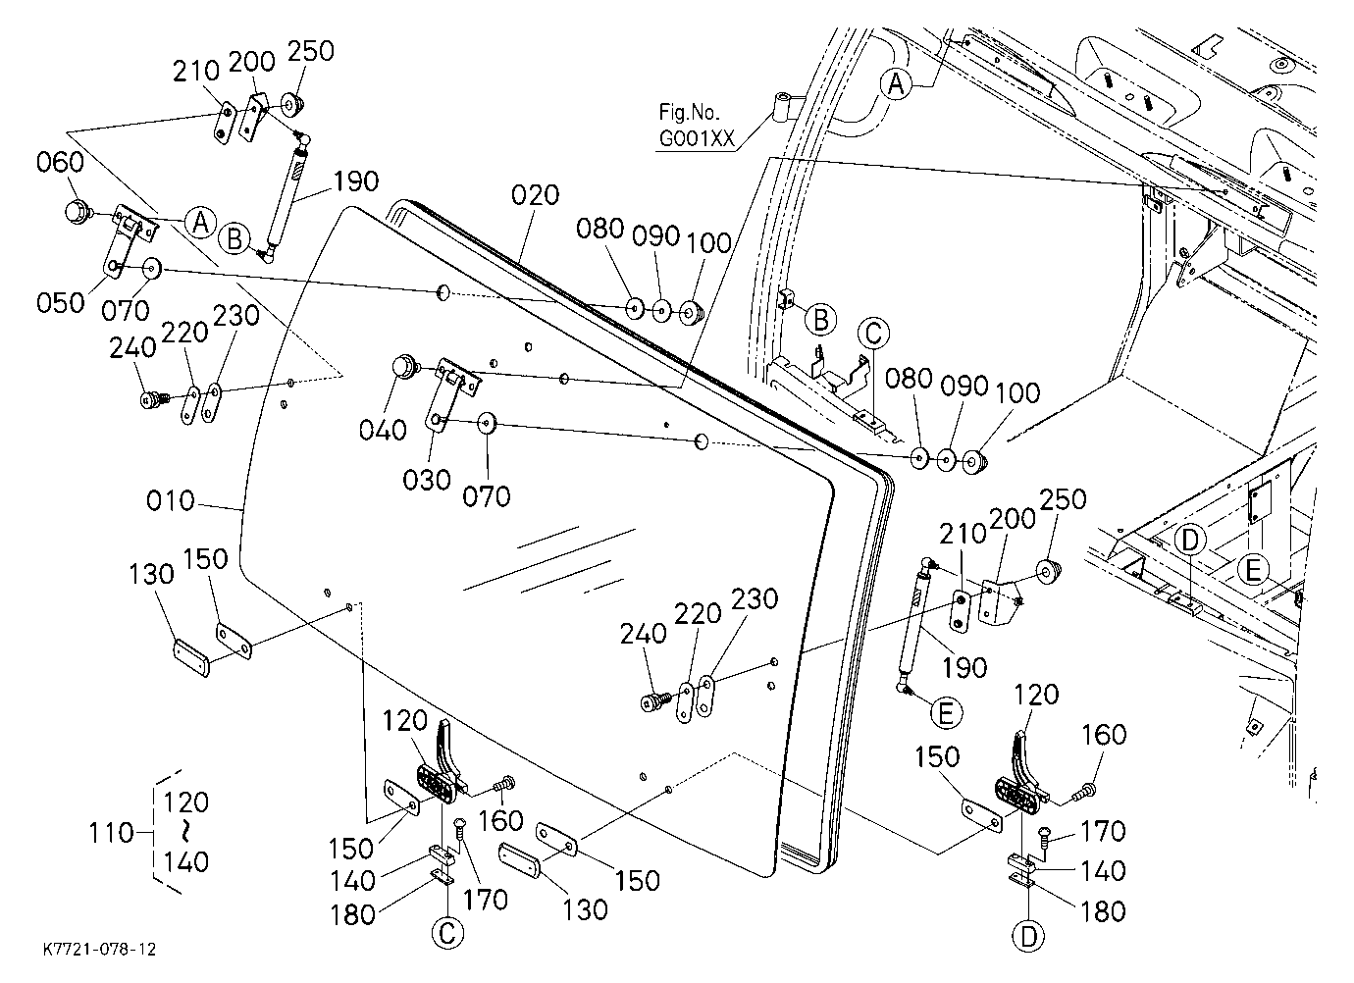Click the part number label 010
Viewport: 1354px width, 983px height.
point(171,501)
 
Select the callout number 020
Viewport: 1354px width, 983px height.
point(536,195)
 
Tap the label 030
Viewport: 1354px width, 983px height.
point(427,481)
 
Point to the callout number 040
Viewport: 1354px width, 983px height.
point(383,431)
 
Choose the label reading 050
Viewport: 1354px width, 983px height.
point(61,303)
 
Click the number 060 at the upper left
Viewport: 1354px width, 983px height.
point(61,162)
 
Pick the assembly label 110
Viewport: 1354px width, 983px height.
point(111,833)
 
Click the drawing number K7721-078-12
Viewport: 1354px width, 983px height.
point(100,950)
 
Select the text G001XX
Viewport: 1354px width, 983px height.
point(697,139)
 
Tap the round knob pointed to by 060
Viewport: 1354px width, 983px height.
point(77,212)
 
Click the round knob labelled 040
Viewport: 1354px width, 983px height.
point(402,367)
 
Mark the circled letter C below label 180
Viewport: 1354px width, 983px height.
point(447,933)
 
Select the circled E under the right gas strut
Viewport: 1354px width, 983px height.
point(946,713)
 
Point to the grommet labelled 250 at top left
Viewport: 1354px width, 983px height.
point(293,105)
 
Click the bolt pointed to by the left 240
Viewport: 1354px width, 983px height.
point(153,399)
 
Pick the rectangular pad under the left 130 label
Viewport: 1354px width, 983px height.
point(191,657)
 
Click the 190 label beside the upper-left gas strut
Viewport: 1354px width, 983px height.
point(356,181)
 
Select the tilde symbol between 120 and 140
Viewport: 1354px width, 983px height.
point(186,833)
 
